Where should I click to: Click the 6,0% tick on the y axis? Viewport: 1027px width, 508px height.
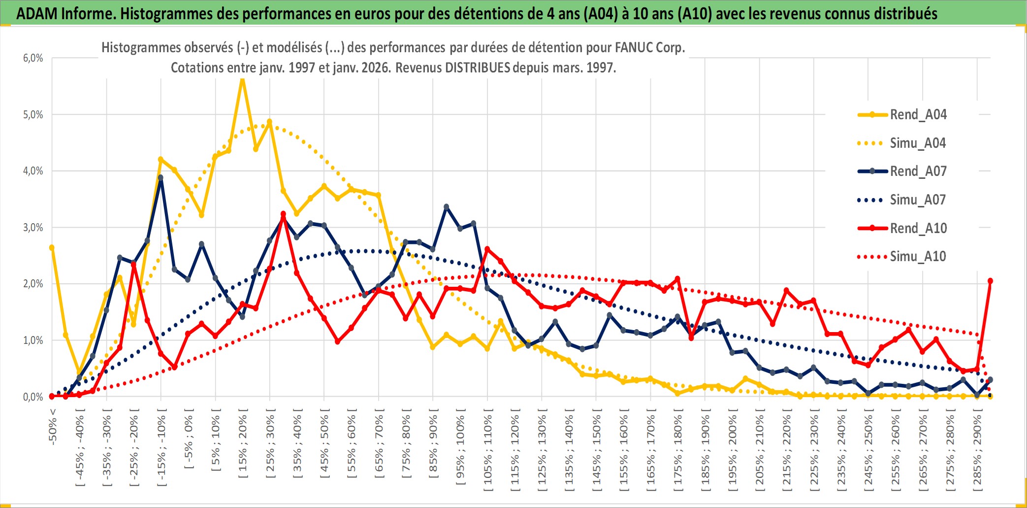pos(33,58)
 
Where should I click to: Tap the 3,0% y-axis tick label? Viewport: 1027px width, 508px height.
pos(33,228)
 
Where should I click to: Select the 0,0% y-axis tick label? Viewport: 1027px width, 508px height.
pos(33,397)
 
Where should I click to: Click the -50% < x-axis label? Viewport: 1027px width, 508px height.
pos(53,427)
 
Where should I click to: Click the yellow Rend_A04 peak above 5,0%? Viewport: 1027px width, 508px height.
pos(242,79)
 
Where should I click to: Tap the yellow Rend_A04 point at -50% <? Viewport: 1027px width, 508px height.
pos(52,248)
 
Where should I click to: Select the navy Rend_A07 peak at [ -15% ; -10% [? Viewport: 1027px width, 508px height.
pos(160,178)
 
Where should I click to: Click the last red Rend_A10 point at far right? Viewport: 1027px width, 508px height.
pos(990,281)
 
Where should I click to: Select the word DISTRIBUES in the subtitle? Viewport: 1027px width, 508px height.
pos(478,68)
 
